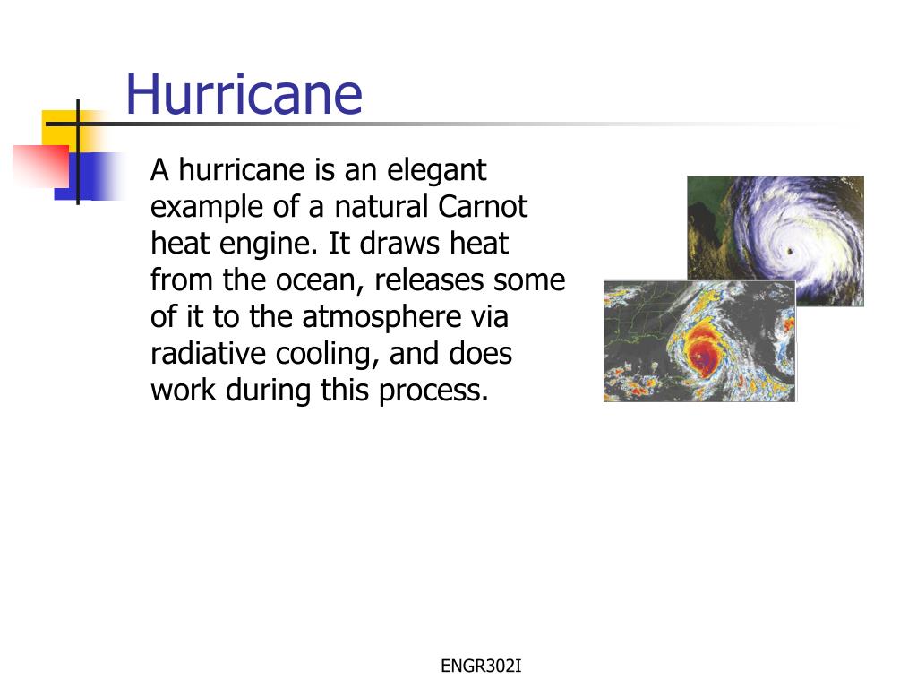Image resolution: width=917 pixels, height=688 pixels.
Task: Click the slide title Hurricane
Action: pos(244,94)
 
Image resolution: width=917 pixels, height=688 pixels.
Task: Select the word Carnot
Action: pos(484,207)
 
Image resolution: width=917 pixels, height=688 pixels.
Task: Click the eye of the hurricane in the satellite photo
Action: pos(791,251)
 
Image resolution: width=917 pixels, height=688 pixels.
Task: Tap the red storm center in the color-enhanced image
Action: pos(704,357)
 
